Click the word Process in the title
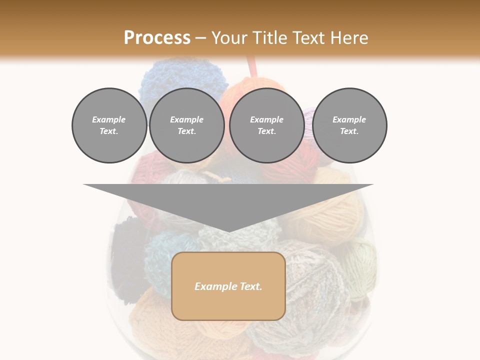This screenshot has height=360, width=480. (x=157, y=38)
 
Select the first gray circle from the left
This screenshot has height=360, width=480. (x=109, y=125)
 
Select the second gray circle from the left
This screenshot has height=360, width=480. (x=186, y=125)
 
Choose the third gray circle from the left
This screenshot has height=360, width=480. (x=266, y=125)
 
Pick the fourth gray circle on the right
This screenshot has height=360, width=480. (x=349, y=125)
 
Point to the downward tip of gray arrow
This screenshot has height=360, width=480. (x=228, y=231)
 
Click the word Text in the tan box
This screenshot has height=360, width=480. (x=249, y=286)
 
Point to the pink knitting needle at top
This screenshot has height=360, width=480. (x=252, y=67)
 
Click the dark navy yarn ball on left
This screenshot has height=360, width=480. (x=128, y=255)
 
